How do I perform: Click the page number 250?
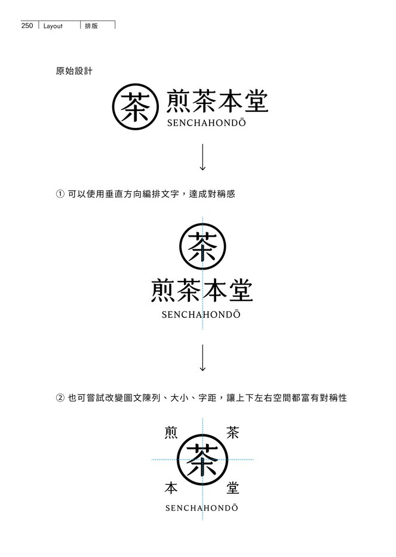(x=27, y=26)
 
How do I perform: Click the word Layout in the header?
(x=53, y=26)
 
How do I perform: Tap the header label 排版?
(x=91, y=26)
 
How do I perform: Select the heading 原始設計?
(x=74, y=71)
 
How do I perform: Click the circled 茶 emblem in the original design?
(x=136, y=106)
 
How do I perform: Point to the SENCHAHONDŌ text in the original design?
(x=206, y=123)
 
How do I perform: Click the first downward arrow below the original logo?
(x=202, y=157)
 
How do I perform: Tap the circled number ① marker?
(x=60, y=194)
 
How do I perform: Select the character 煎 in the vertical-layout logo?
(x=162, y=290)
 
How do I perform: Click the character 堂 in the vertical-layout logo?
(x=241, y=290)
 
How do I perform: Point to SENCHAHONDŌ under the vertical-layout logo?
(x=201, y=314)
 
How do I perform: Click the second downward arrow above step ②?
(x=202, y=358)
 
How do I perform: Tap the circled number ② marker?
(x=60, y=397)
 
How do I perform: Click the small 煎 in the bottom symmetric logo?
(x=171, y=433)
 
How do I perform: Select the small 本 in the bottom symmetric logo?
(x=171, y=488)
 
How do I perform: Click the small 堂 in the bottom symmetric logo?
(x=232, y=488)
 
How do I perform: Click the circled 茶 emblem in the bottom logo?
(x=202, y=460)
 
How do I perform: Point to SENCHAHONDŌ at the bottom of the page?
(x=202, y=507)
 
